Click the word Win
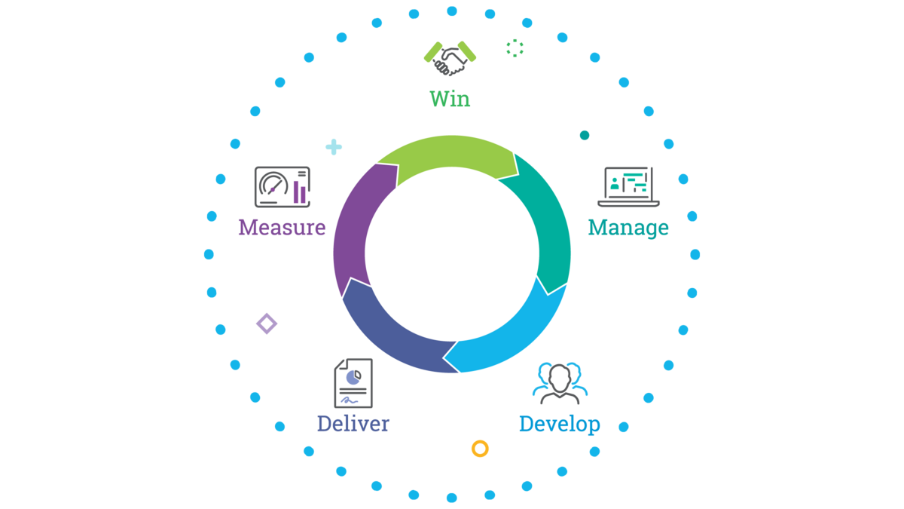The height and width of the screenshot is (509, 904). (x=450, y=99)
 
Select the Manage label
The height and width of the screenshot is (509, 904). (x=628, y=227)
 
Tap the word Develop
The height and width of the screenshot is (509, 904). (x=559, y=424)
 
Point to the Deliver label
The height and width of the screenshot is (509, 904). (x=353, y=423)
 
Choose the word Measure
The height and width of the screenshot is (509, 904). (x=282, y=227)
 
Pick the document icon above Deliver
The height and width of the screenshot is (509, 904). (x=353, y=382)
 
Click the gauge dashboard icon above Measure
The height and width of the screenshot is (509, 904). (x=282, y=186)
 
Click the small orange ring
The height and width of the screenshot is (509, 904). (x=480, y=449)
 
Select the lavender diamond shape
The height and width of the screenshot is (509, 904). (x=267, y=323)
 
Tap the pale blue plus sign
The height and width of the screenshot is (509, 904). (x=334, y=147)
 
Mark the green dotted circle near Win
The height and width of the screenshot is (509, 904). (x=515, y=48)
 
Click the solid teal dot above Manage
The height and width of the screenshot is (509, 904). (x=585, y=136)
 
